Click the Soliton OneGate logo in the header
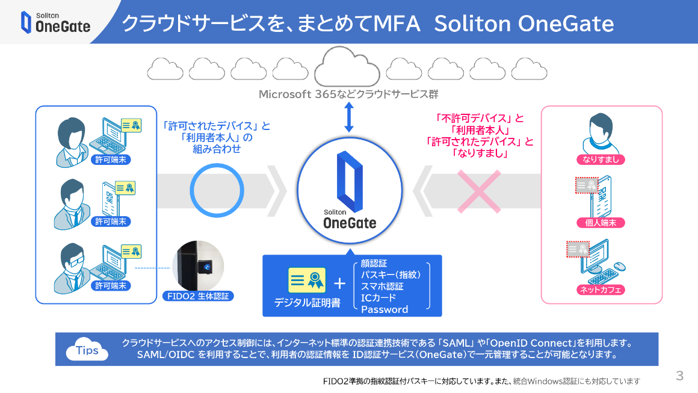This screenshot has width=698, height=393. [55, 22]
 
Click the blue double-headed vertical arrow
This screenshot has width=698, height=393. [348, 117]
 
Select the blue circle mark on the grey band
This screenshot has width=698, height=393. [217, 190]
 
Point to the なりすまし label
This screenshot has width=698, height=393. [601, 159]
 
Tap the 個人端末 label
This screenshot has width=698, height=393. [601, 223]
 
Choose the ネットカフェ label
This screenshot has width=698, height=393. [601, 289]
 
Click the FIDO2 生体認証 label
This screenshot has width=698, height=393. [198, 296]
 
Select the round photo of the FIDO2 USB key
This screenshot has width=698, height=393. [198, 266]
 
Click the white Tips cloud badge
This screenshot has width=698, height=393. [87, 350]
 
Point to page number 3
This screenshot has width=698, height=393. [680, 376]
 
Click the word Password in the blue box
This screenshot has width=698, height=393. [385, 309]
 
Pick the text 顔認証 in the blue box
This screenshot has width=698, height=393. [374, 264]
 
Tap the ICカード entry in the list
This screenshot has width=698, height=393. [378, 298]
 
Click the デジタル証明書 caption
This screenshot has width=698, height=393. [307, 303]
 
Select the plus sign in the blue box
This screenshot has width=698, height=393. [340, 283]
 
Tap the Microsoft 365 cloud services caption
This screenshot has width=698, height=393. [348, 94]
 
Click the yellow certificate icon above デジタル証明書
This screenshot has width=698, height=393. [307, 280]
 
